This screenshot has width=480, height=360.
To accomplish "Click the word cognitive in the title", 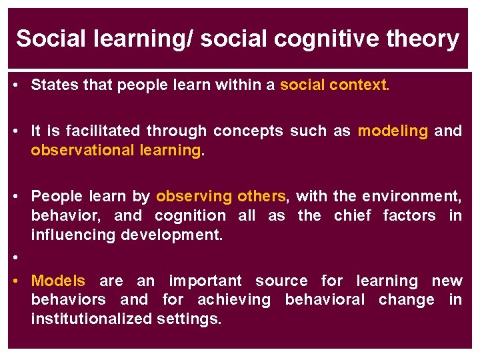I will pyautogui.click(x=325, y=39).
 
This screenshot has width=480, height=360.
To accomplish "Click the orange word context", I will pyautogui.click(x=359, y=85).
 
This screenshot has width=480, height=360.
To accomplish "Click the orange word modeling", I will pyautogui.click(x=393, y=131).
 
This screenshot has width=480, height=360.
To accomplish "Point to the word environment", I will pyautogui.click(x=410, y=196).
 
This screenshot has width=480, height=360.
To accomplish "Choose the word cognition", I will pyautogui.click(x=190, y=215).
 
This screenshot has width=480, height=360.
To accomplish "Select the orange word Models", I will pyautogui.click(x=58, y=281).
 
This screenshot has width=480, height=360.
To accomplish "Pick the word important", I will pyautogui.click(x=205, y=281).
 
